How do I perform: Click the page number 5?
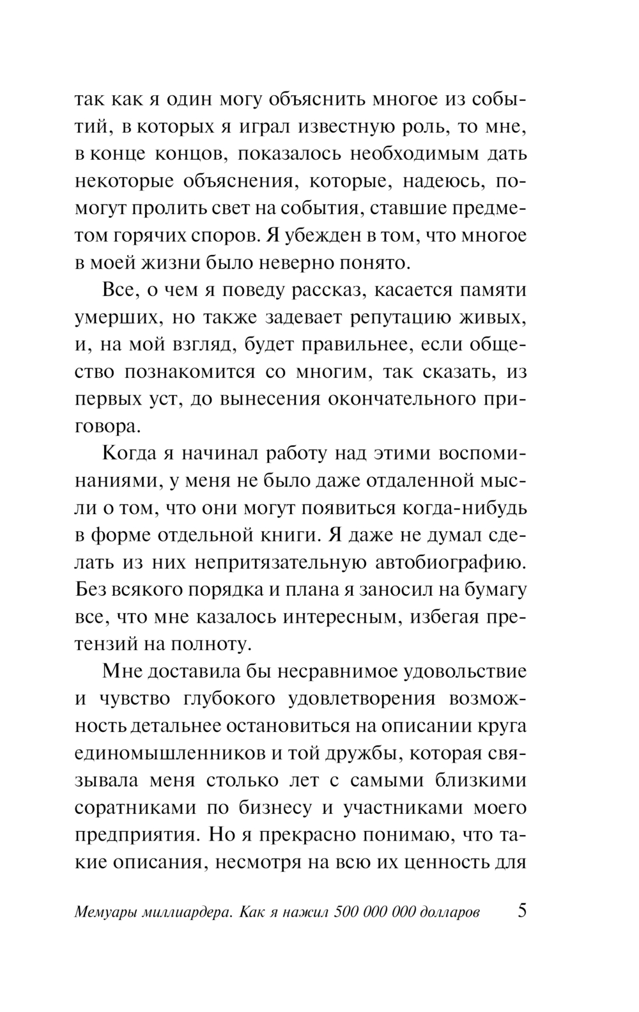click(x=521, y=910)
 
